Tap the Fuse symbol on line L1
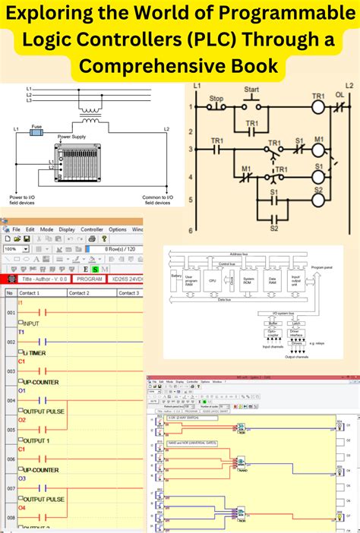pyautogui.click(x=36, y=131)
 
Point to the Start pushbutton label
pyautogui.click(x=251, y=90)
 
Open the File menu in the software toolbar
pyautogui.click(x=16, y=229)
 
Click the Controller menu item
pyautogui.click(x=92, y=229)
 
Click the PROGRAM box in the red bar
pyautogui.click(x=90, y=279)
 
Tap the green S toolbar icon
pyautogui.click(x=96, y=268)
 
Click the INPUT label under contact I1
pyautogui.click(x=33, y=323)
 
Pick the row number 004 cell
pyautogui.click(x=10, y=399)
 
